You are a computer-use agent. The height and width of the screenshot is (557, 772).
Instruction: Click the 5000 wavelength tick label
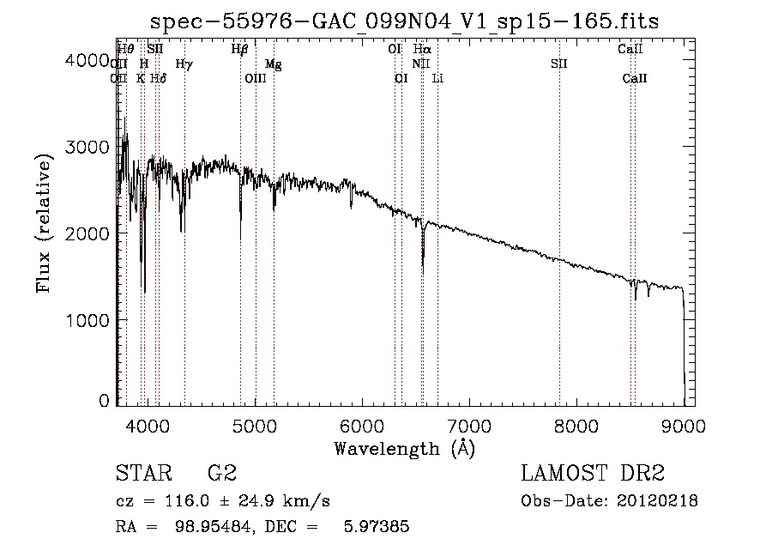[255, 425]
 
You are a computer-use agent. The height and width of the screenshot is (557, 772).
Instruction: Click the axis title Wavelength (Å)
[404, 448]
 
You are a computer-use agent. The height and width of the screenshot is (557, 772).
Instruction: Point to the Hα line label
[422, 50]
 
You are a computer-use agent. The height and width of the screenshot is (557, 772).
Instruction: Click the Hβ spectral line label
[240, 50]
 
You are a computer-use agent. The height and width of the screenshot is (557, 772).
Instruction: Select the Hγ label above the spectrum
[184, 64]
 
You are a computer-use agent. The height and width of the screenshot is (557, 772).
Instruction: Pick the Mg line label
[273, 64]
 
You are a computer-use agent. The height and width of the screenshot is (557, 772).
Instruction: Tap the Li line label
[437, 79]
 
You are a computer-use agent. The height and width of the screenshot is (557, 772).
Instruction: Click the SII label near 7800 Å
[559, 64]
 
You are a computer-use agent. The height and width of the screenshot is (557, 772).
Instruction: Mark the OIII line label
[256, 79]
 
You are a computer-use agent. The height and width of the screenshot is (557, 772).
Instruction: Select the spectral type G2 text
[221, 474]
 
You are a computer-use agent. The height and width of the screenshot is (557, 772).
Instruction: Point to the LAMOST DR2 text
[593, 474]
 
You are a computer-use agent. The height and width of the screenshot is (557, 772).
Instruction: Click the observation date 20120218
[658, 501]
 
